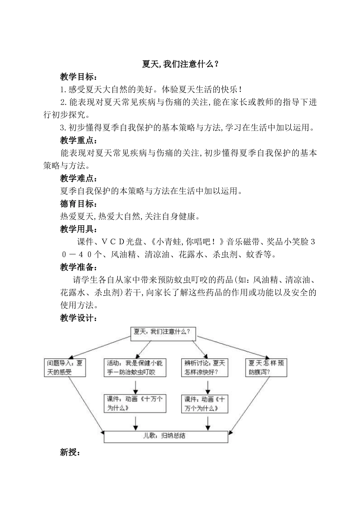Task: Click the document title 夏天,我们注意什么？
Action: click(x=180, y=64)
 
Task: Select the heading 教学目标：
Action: click(x=79, y=77)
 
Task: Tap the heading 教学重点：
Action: click(x=79, y=141)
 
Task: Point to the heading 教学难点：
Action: click(x=79, y=178)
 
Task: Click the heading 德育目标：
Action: click(x=79, y=204)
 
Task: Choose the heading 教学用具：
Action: click(x=79, y=229)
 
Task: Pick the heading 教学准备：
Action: click(x=79, y=267)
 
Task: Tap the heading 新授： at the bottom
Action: click(x=70, y=452)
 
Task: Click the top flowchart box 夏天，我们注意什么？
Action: click(x=163, y=332)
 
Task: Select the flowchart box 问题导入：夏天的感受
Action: click(x=65, y=367)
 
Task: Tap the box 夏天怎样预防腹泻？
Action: click(x=266, y=367)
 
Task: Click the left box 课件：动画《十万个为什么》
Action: click(x=135, y=403)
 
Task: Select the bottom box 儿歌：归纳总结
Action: click(x=166, y=436)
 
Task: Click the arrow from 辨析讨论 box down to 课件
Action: click(x=208, y=386)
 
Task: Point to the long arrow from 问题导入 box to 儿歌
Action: click(x=85, y=403)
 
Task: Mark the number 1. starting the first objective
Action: click(x=63, y=90)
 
